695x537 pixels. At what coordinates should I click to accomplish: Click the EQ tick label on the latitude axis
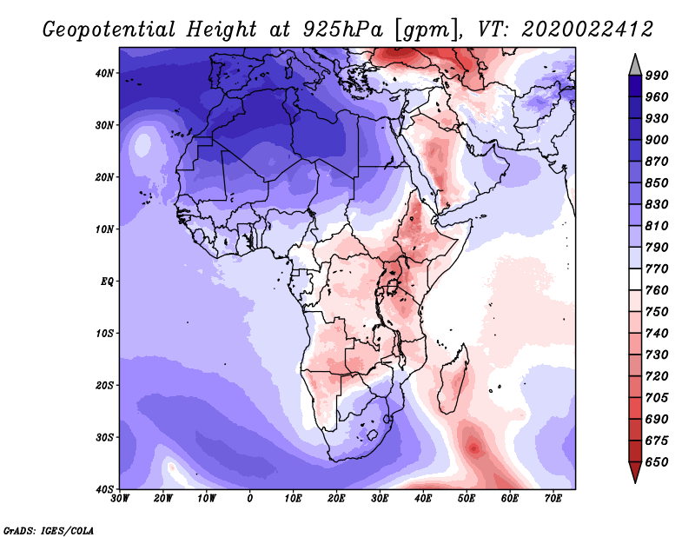(108, 282)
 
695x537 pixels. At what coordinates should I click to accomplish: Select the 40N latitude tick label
(105, 73)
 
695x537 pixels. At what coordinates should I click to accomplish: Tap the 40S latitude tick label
(105, 489)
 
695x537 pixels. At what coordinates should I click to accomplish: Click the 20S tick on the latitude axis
(105, 385)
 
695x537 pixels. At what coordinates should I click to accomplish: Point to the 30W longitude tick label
(120, 499)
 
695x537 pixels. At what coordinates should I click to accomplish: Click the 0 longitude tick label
(250, 499)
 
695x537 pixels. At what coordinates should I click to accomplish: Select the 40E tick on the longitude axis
(423, 499)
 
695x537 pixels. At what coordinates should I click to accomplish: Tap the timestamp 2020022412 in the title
(587, 29)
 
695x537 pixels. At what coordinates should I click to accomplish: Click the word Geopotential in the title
(108, 29)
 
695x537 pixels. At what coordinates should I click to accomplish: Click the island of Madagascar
(453, 381)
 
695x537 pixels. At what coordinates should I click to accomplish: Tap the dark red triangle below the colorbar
(635, 472)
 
